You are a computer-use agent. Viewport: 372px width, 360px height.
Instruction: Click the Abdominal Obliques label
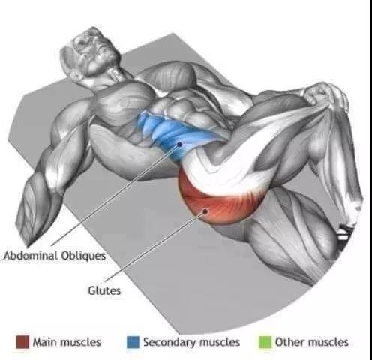click(55, 256)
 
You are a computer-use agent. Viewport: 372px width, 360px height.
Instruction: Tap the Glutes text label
click(104, 290)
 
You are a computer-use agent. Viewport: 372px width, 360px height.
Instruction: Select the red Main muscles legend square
click(22, 342)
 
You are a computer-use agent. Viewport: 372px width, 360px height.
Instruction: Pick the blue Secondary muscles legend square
click(133, 342)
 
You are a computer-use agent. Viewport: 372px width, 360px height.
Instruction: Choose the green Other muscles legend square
click(265, 342)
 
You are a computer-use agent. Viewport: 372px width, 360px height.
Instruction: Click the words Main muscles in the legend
click(67, 342)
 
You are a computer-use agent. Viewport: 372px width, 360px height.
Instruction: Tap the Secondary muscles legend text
click(191, 342)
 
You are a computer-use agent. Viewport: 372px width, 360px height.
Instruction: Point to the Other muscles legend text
click(312, 342)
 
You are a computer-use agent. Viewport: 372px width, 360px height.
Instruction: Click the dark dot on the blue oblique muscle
click(179, 144)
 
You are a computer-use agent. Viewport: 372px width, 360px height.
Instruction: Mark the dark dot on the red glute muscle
click(205, 211)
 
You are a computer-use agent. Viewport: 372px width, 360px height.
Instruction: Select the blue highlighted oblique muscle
click(172, 136)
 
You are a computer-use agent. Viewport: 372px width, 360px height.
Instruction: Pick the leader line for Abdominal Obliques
click(115, 194)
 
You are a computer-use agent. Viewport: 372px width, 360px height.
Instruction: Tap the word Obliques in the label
click(83, 256)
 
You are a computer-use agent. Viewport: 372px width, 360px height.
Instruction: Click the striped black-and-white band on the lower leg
click(343, 232)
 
